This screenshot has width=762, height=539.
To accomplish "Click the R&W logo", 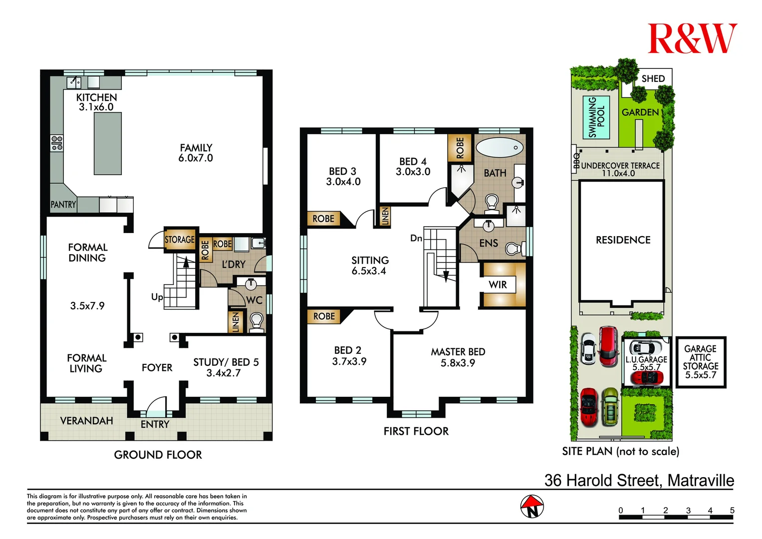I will tap(692, 39).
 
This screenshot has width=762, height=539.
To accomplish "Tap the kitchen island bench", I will tap(108, 143).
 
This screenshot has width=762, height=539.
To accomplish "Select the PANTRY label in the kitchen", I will tap(63, 205).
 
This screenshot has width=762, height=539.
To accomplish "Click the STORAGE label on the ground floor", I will tap(180, 240).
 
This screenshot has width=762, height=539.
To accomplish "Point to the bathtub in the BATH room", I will tap(500, 147).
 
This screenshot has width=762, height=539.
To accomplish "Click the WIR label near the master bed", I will tap(498, 284).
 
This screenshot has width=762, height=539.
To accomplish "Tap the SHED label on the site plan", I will tap(653, 79).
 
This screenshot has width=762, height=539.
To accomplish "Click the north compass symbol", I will tap(532, 507).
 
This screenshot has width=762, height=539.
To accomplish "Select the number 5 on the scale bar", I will tap(732, 510).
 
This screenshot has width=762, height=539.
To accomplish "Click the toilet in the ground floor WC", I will tap(256, 320).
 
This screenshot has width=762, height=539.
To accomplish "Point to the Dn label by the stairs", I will tap(416, 239).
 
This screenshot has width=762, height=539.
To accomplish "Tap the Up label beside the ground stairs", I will tap(157, 297).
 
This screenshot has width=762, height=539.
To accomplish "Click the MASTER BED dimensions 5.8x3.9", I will tap(458, 363).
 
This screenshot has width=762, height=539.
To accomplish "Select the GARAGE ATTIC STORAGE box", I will tap(700, 362).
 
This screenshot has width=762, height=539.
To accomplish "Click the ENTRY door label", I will tap(155, 424).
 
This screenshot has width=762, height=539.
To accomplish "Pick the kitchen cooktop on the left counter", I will tap(57, 143).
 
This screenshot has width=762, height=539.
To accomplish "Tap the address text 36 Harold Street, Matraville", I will tap(639, 480).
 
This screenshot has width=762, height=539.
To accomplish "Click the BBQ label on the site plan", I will tap(576, 161).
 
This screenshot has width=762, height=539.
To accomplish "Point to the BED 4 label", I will tap(413, 161).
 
